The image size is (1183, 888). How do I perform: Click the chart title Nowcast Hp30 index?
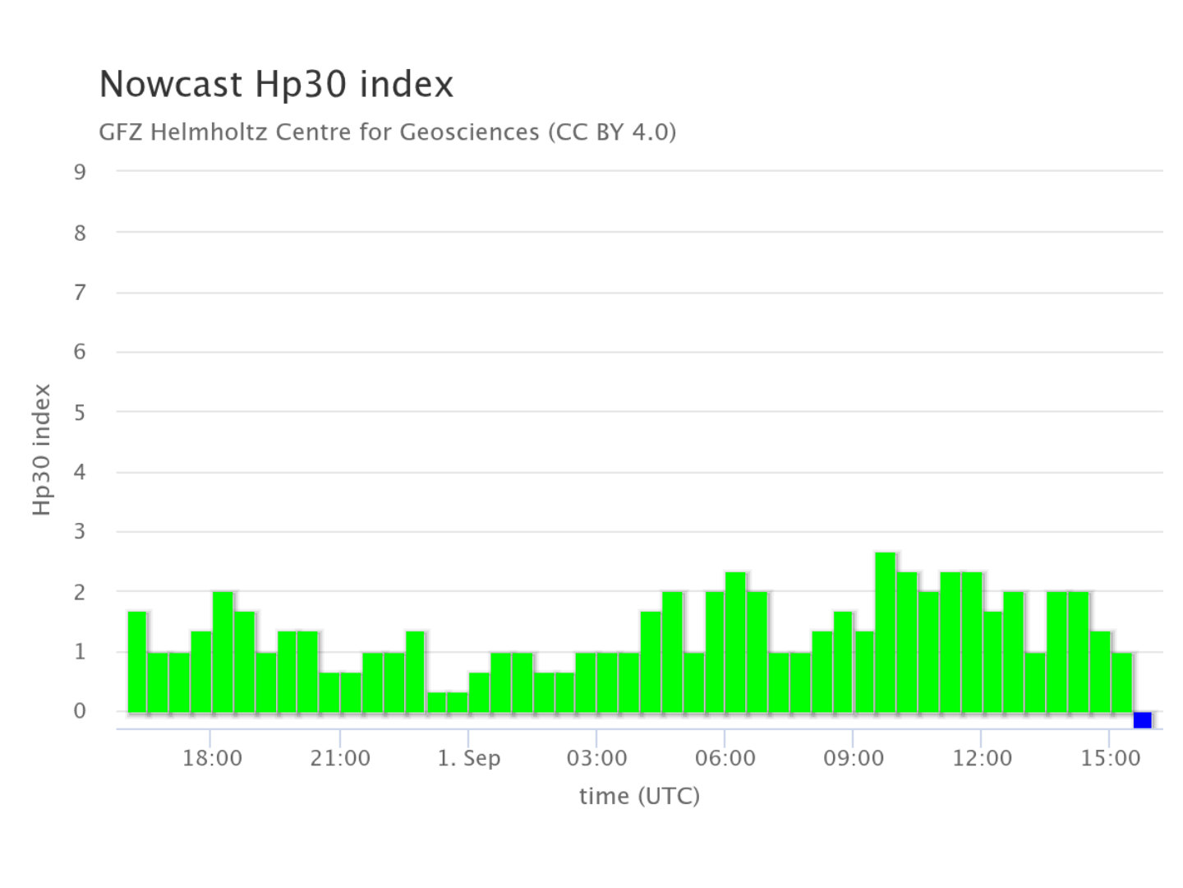point(276,84)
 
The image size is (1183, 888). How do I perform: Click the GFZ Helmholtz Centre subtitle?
point(387,132)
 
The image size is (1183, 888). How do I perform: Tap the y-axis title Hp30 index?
point(42,449)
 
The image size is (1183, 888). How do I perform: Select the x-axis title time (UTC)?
point(639,796)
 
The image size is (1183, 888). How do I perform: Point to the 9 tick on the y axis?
point(80,172)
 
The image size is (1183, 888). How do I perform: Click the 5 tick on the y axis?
point(80,413)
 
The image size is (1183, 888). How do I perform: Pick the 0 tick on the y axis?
point(80,711)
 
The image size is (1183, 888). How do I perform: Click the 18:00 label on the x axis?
point(212,758)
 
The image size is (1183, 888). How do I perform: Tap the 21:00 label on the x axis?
point(340,758)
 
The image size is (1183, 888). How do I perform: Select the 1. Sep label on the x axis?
point(468,759)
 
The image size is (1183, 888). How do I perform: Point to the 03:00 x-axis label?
point(596,758)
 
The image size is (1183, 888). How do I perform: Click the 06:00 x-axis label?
point(725,758)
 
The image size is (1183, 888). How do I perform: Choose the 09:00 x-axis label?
point(854,758)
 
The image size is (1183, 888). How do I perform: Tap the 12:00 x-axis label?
point(982,758)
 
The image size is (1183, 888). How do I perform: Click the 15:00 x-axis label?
point(1110,758)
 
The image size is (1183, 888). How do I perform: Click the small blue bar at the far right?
point(1143,719)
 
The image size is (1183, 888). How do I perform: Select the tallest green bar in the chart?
point(886,632)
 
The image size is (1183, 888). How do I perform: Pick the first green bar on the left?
point(137,662)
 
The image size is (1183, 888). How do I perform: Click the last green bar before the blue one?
point(1121,682)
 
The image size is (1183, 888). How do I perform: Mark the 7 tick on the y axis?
point(80,293)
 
